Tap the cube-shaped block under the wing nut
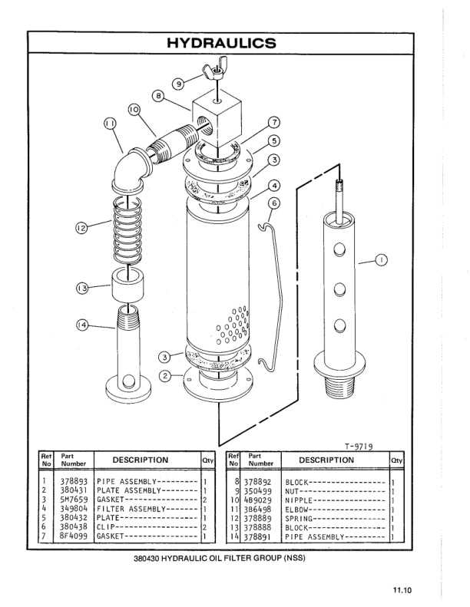(217, 114)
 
